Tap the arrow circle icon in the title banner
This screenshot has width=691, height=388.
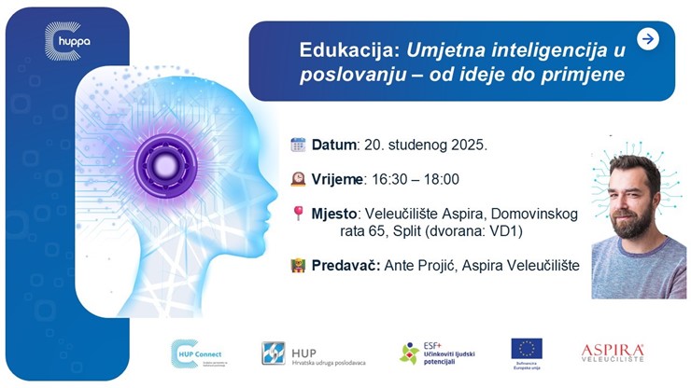click(x=647, y=38)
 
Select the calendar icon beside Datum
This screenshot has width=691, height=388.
click(x=298, y=145)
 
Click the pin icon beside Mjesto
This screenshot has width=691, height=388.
click(x=298, y=214)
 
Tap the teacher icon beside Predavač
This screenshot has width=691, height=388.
click(x=298, y=265)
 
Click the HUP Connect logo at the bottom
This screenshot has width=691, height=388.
click(x=197, y=353)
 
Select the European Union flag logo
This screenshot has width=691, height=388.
click(x=527, y=349)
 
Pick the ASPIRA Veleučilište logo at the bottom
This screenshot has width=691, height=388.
click(x=613, y=353)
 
